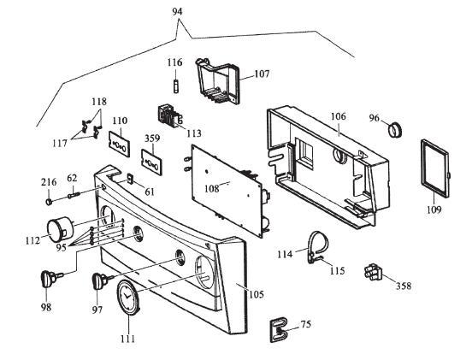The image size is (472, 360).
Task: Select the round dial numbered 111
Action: (128, 300)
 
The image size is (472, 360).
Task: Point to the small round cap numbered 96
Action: (396, 130)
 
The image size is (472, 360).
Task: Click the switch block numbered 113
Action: (167, 117)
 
